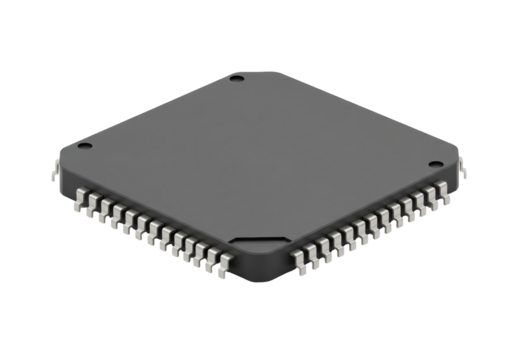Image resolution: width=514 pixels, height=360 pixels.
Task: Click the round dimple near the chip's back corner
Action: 236,78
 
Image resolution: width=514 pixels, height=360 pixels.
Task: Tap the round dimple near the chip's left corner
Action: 85,146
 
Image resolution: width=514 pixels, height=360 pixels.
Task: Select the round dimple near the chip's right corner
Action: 435,164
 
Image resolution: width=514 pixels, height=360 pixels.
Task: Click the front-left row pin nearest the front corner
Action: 223,265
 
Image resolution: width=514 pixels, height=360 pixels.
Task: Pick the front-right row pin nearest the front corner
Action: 299,263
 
